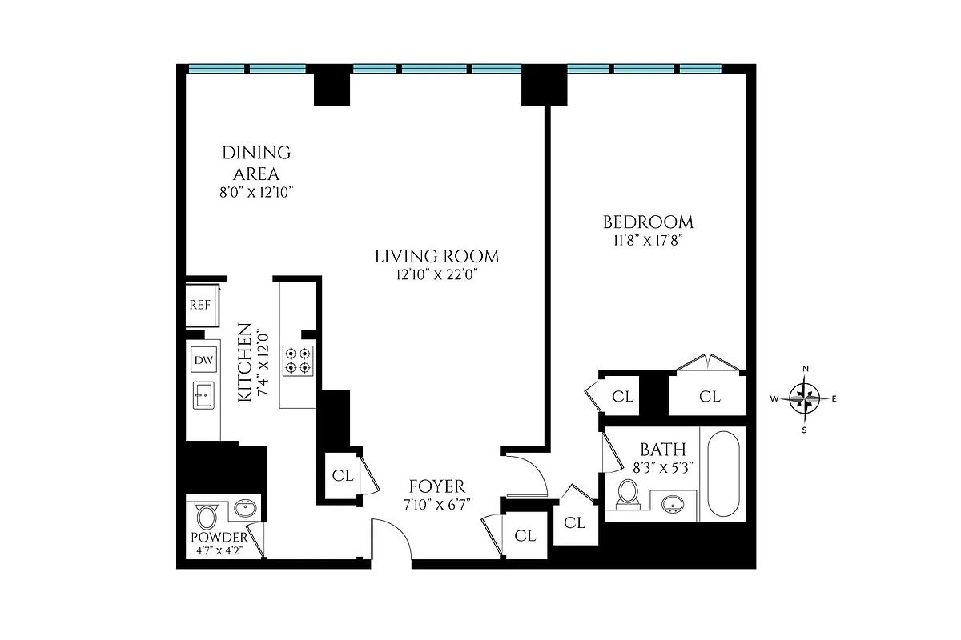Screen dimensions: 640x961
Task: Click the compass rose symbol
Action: point(806,397)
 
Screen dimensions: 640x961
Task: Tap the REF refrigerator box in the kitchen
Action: point(199,305)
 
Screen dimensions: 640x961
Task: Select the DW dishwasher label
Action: point(203,361)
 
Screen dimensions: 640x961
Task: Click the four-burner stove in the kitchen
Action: point(297,360)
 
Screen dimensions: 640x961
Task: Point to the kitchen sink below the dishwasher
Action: point(203,394)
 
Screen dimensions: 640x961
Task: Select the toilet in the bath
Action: point(628,494)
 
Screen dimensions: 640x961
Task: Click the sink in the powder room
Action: point(246,507)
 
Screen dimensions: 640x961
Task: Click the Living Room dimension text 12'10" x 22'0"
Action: point(437,274)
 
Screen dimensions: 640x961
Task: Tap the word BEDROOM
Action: point(648,222)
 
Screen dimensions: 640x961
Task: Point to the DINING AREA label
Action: point(256,163)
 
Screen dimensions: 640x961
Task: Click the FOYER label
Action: point(436,486)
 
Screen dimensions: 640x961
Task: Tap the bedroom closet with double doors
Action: point(710,395)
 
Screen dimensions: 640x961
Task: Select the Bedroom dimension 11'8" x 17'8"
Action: point(648,239)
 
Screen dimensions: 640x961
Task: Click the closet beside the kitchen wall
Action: point(343,475)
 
